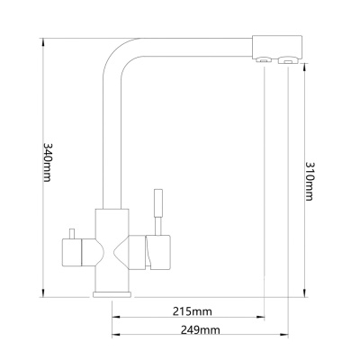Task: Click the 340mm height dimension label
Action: tap(49, 161)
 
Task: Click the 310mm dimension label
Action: tap(310, 181)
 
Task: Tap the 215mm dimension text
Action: tap(192, 311)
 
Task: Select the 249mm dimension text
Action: tap(200, 330)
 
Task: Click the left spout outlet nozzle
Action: tap(264, 60)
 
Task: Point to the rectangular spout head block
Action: tap(277, 47)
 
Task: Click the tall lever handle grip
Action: tap(158, 202)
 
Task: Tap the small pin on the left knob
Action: tap(71, 234)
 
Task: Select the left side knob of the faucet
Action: tap(72, 252)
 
